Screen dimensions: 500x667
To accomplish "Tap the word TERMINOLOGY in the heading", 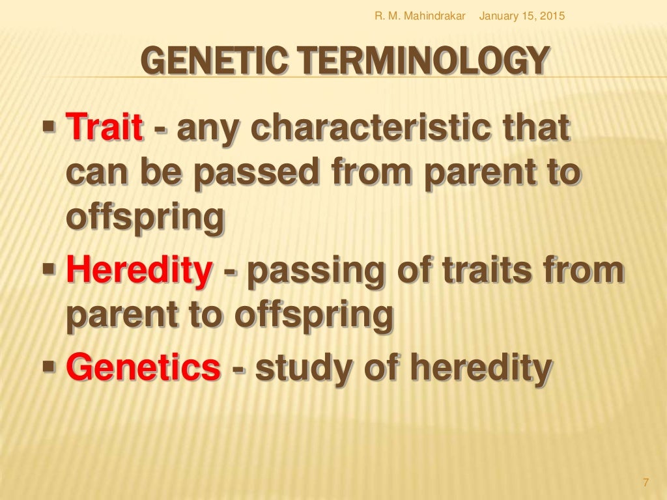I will click(410, 62).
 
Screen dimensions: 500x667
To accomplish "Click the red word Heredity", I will click(139, 271).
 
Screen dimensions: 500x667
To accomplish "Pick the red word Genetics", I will click(143, 367).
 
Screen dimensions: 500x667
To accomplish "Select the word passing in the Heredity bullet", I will click(315, 271).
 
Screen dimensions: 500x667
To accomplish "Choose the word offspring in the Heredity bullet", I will click(315, 316).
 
